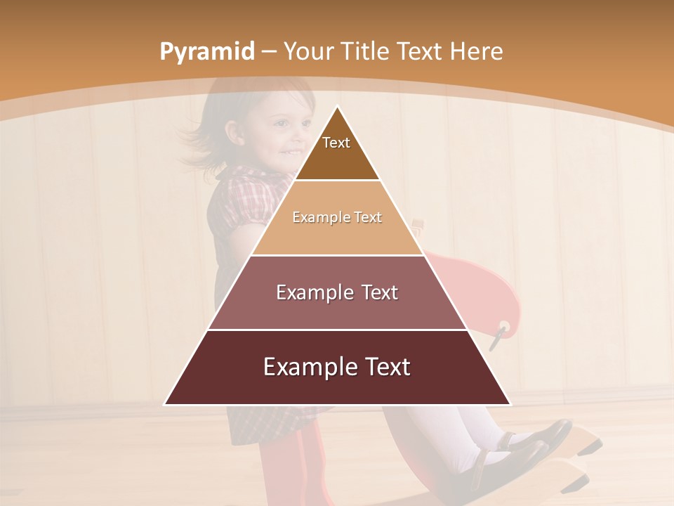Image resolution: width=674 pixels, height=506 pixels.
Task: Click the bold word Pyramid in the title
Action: click(x=206, y=52)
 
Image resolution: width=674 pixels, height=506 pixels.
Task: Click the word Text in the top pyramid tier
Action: click(x=336, y=143)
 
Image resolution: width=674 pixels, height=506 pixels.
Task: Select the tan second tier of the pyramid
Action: click(x=337, y=235)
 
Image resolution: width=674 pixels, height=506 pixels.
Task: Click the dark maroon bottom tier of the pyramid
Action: click(x=337, y=387)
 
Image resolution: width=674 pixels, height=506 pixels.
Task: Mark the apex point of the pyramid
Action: click(x=337, y=107)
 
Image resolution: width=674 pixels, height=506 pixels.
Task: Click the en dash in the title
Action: click(x=269, y=52)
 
